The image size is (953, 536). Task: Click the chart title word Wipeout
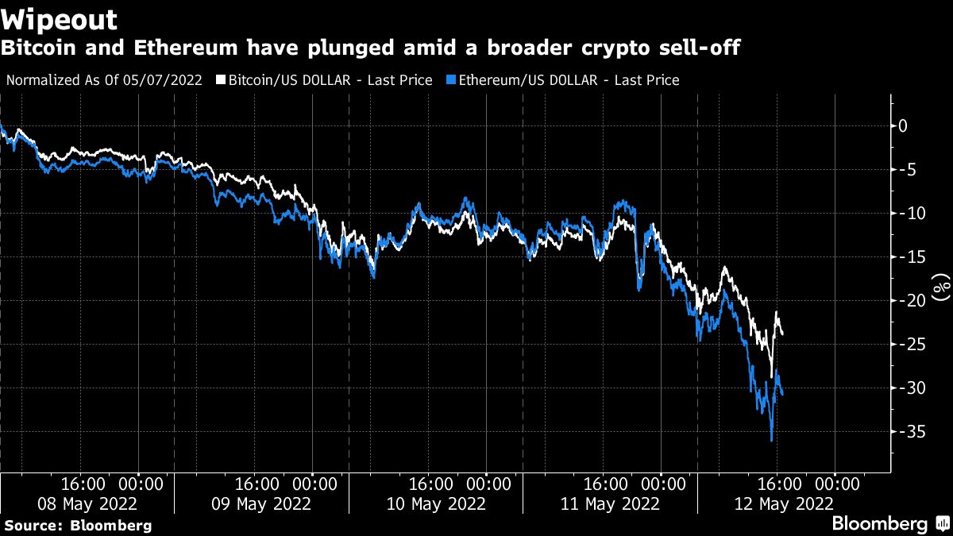(60, 20)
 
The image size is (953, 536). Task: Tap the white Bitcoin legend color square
(222, 80)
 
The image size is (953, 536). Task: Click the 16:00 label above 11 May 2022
(607, 484)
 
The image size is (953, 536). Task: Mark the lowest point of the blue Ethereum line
(771, 440)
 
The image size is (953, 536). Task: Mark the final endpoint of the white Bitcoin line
(783, 334)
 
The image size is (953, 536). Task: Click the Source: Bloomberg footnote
(78, 526)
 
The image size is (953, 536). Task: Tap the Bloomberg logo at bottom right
(879, 524)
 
